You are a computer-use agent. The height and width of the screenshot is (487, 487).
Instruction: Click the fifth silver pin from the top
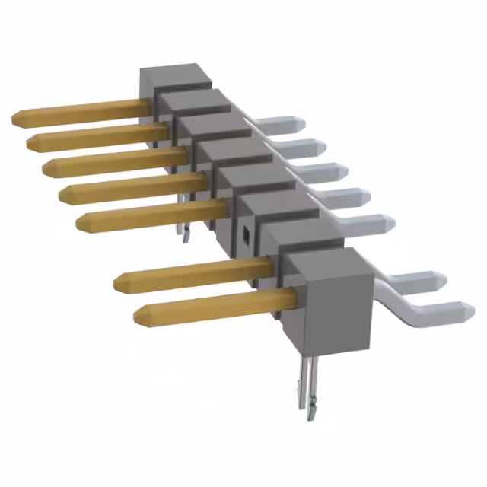pyautogui.click(x=373, y=223)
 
